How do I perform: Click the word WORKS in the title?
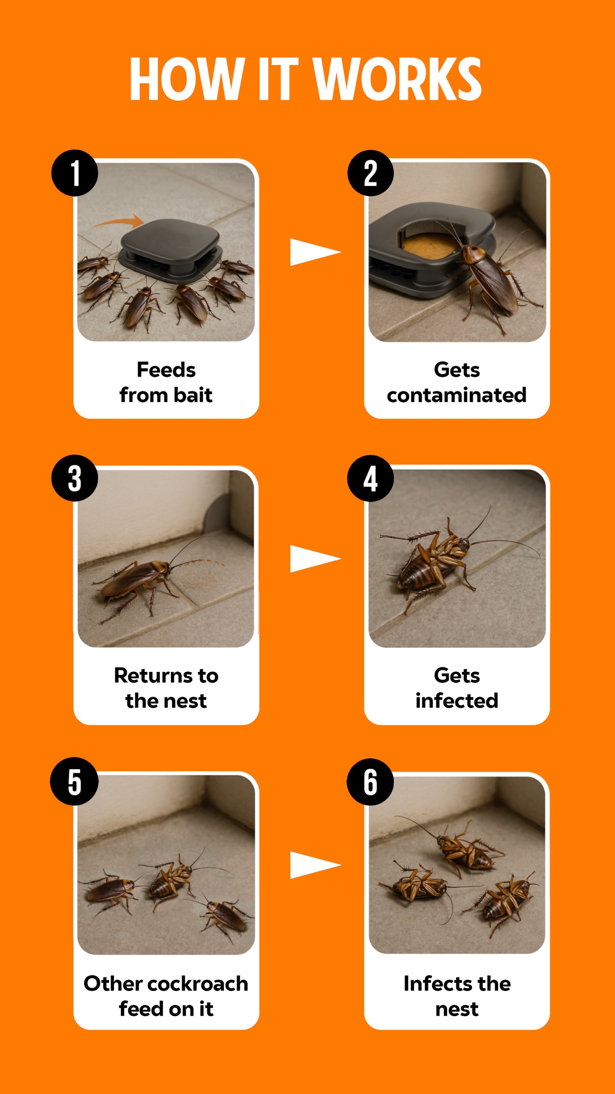(x=397, y=79)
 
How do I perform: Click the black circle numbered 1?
(x=75, y=173)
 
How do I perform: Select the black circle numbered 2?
(x=371, y=173)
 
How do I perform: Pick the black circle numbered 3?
(x=75, y=478)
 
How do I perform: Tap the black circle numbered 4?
(x=371, y=478)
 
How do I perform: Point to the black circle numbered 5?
(x=74, y=781)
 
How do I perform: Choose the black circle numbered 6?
(x=370, y=781)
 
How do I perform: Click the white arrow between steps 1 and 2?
(x=315, y=252)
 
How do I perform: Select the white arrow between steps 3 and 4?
(x=315, y=559)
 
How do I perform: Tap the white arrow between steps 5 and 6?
(x=315, y=865)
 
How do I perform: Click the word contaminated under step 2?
(x=457, y=395)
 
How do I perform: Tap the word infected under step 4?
(x=457, y=700)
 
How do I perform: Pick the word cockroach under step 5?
(x=198, y=984)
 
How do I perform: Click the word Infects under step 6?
(x=437, y=984)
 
